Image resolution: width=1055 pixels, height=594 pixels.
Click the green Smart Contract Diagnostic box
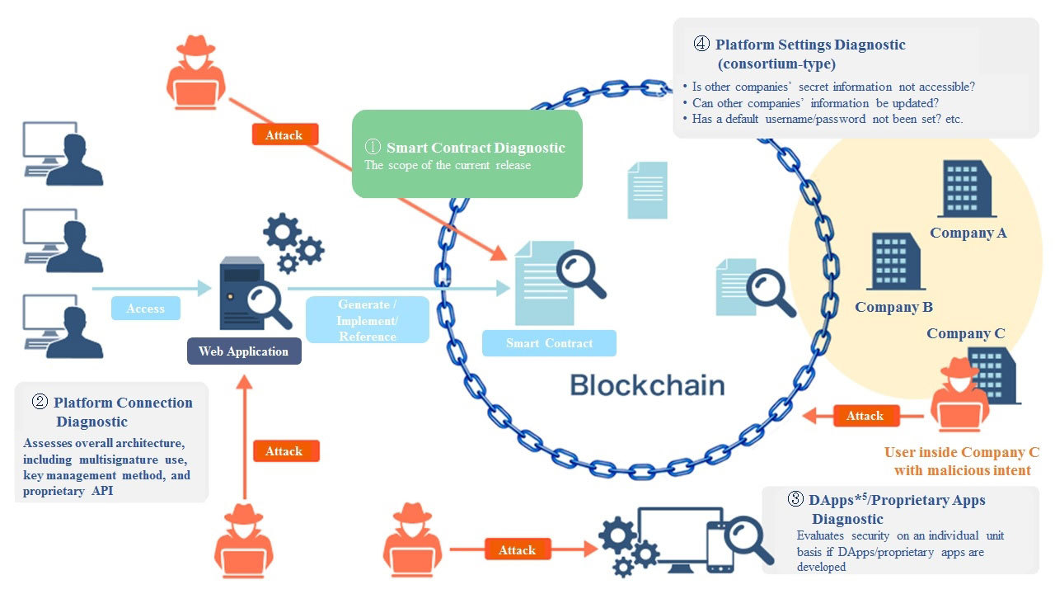point(467,154)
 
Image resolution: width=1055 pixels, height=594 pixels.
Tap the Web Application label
point(244,351)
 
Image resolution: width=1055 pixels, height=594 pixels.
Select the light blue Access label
point(146,309)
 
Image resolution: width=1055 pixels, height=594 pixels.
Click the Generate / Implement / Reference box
point(368,320)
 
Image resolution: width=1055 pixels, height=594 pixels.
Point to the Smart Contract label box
point(549,343)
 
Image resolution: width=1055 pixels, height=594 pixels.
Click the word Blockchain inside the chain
point(647,385)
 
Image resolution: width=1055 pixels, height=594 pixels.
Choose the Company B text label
point(893,307)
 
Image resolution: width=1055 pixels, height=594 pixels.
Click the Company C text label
point(965,333)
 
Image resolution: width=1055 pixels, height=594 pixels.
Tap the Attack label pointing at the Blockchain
point(865,416)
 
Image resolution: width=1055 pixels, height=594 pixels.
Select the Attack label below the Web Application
point(284,451)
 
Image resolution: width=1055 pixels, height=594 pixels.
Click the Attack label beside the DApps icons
point(517,550)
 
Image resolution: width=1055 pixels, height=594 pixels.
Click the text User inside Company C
point(961,452)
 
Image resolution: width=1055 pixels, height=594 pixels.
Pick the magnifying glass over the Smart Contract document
point(579,273)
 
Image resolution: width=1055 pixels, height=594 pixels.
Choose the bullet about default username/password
point(827,119)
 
